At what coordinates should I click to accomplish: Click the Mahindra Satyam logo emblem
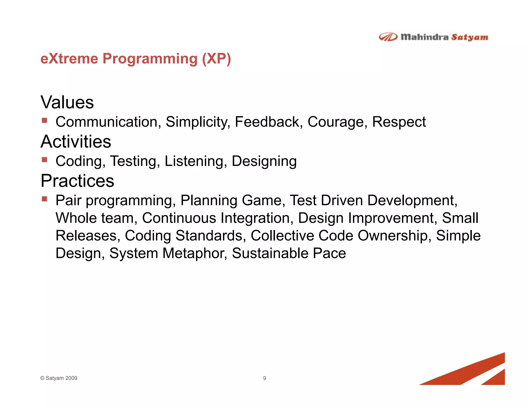click(x=388, y=37)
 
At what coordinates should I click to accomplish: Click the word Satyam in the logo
click(x=469, y=37)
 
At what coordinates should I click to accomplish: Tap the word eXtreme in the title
click(x=69, y=59)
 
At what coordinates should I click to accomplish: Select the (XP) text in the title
click(x=216, y=59)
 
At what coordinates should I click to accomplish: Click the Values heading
click(x=67, y=102)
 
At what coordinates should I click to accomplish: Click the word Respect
click(x=399, y=122)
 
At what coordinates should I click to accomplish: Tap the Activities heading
click(x=76, y=142)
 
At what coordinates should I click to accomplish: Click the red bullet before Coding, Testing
click(x=45, y=160)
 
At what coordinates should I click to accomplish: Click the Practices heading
click(x=77, y=181)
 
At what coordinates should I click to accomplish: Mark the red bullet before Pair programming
click(x=45, y=199)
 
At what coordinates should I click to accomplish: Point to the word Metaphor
click(x=195, y=253)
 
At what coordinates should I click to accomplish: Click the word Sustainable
click(x=270, y=253)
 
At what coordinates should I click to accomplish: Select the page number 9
click(x=265, y=378)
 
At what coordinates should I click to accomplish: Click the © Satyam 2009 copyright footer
click(x=59, y=378)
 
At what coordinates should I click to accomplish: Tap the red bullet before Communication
click(x=45, y=120)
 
